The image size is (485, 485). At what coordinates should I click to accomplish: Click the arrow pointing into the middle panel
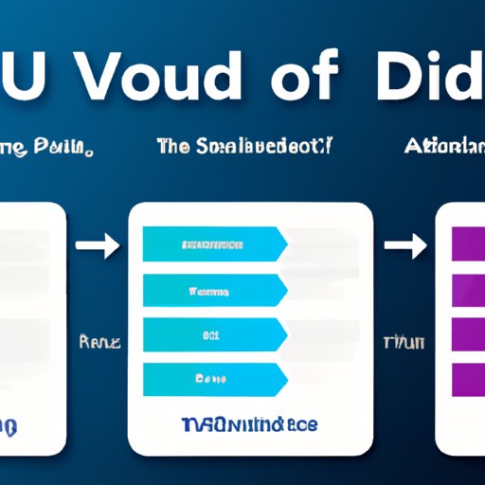pos(97,247)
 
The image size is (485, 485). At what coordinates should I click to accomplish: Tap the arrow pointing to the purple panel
pos(406,247)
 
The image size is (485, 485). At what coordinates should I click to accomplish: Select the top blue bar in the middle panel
pos(213,244)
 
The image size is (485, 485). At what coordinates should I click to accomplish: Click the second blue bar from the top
pos(213,290)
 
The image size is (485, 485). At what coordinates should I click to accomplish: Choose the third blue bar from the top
pos(213,335)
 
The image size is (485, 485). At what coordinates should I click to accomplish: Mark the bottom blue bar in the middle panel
pos(213,380)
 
